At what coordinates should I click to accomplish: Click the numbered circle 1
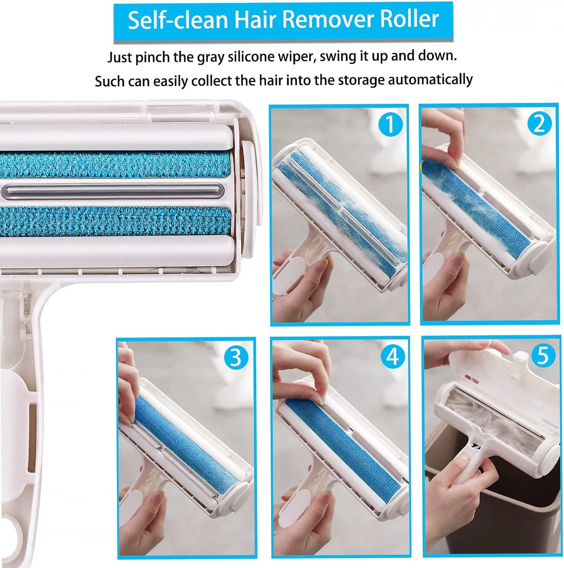click(x=389, y=124)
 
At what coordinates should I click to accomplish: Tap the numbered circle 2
click(x=539, y=123)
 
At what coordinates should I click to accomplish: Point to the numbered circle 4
click(x=392, y=356)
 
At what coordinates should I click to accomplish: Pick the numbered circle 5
click(x=543, y=355)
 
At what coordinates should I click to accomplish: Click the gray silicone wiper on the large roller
click(x=110, y=190)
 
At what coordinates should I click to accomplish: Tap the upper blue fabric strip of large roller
click(x=114, y=164)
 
